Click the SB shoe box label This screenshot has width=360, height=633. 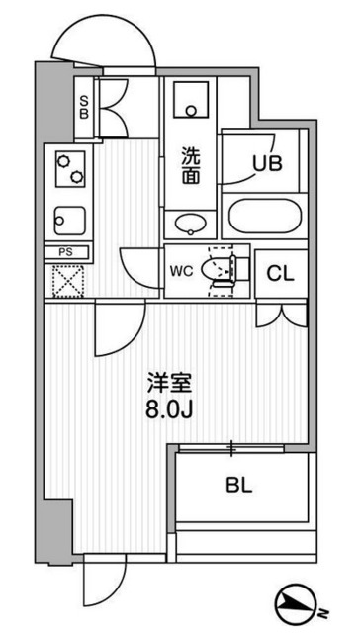point(85,105)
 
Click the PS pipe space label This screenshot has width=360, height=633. point(66,252)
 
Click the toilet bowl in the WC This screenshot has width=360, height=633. point(219,268)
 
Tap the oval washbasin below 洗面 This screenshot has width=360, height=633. point(191,221)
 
